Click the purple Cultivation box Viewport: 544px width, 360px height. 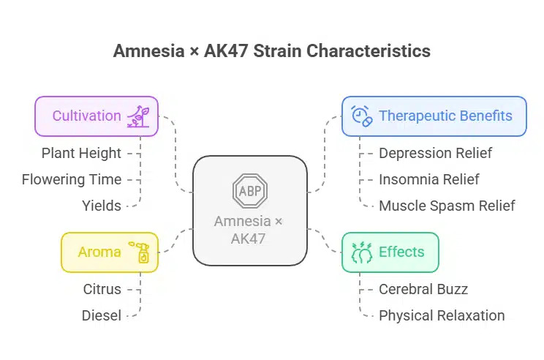tap(97, 116)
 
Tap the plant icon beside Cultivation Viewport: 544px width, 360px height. tap(138, 116)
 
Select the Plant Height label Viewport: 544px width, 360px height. tap(81, 153)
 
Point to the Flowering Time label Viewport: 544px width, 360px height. tap(72, 179)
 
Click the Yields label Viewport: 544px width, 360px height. tap(102, 206)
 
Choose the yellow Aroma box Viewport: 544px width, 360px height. tap(110, 252)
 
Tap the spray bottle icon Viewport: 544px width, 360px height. tap(140, 252)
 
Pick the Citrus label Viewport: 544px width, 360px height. tap(102, 289)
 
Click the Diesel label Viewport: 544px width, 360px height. tap(102, 315)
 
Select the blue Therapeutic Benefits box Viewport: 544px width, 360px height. tap(434, 116)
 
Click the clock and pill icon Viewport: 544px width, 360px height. tap(361, 116)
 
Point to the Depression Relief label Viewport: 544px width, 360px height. tap(435, 153)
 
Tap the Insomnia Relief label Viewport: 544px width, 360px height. tap(428, 179)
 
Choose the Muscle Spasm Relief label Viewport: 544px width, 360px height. tap(447, 206)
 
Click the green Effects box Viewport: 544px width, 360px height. tap(390, 252)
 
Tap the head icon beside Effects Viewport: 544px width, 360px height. tap(361, 252)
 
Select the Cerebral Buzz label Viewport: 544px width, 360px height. tap(423, 289)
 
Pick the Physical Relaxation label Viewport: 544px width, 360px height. tap(442, 315)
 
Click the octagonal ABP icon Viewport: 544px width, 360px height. tap(250, 190)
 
